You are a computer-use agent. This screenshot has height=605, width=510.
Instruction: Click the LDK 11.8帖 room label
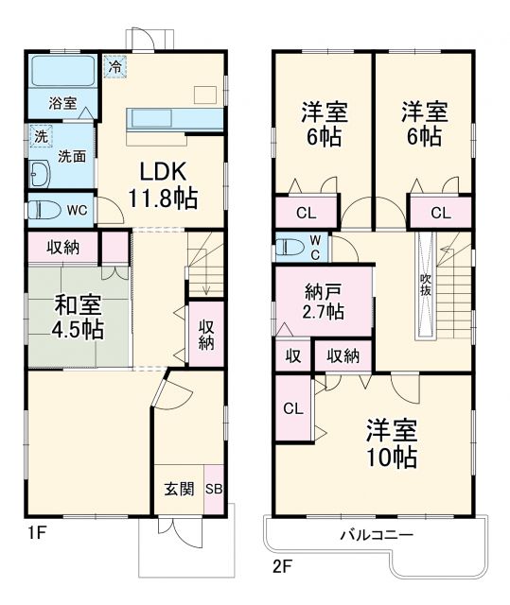[x=163, y=184]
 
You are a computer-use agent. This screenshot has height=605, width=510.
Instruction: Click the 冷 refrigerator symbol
[x=114, y=66]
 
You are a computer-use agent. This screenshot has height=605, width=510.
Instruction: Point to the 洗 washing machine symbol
[x=39, y=136]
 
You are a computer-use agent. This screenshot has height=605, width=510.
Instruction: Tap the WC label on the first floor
[x=77, y=210]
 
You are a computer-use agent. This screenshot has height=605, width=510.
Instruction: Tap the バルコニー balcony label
[x=377, y=535]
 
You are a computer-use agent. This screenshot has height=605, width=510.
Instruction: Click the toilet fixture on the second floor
[x=289, y=249]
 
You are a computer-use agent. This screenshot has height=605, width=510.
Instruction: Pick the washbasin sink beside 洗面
[x=39, y=176]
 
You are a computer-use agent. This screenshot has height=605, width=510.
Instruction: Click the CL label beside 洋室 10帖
[x=292, y=409]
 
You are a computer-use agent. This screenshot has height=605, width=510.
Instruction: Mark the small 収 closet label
[x=292, y=355]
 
